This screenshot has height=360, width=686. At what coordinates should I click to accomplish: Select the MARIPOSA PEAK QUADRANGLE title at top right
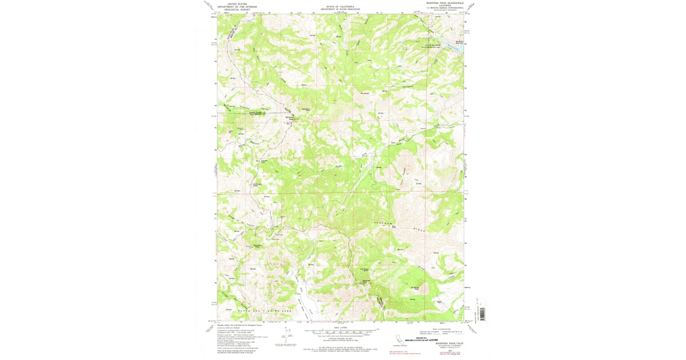tap(444, 2)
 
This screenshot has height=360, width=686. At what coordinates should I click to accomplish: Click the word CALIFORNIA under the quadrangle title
tap(444, 5)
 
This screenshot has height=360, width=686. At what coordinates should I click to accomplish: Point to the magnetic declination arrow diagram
tap(286, 335)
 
